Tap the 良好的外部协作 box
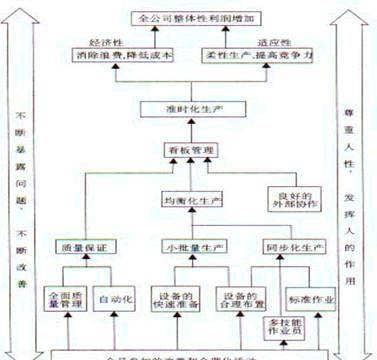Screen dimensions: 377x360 click(x=290, y=200)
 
